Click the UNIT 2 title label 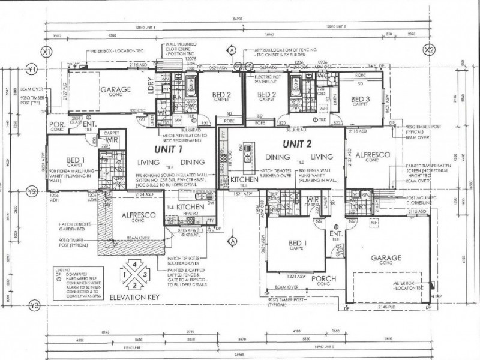click(x=298, y=143)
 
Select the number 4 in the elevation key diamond click(x=135, y=265)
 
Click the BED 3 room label click(x=359, y=98)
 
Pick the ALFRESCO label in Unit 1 click(x=139, y=215)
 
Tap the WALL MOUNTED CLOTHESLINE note click(x=182, y=50)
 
